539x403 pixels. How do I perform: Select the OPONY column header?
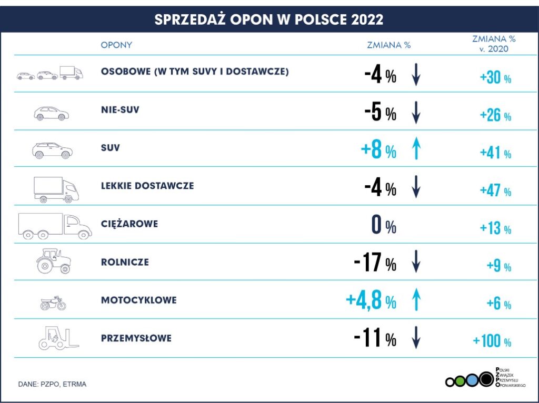(x=116, y=45)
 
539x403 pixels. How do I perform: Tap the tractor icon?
(x=53, y=261)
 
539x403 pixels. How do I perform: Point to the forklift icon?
(x=58, y=338)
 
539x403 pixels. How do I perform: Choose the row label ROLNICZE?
(x=125, y=262)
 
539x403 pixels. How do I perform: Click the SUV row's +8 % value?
(x=378, y=150)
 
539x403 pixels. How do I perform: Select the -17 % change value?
(x=375, y=263)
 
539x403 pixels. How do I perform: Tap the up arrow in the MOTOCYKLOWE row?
(x=416, y=300)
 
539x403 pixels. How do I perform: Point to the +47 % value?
(x=495, y=190)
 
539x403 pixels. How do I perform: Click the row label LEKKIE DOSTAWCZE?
(x=147, y=186)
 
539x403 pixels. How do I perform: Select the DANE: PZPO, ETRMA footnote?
(x=52, y=384)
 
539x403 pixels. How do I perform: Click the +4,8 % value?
(x=371, y=301)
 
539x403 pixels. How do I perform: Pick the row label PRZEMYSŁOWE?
(x=136, y=338)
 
